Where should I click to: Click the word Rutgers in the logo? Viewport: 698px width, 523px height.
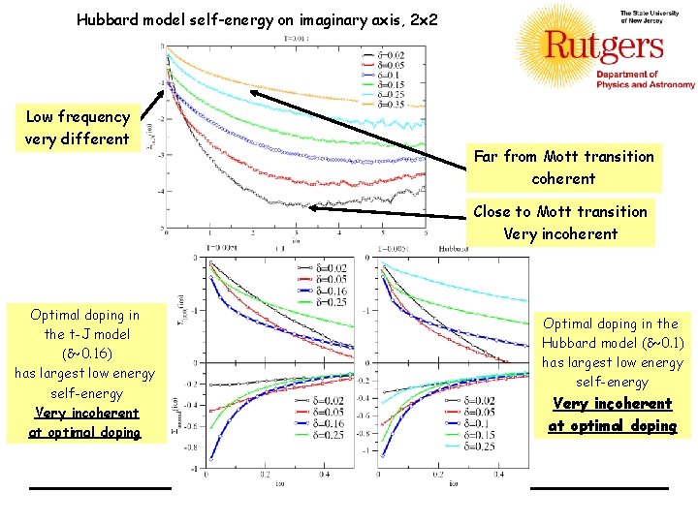pos(604,46)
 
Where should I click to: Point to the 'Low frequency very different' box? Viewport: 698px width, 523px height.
pos(78,127)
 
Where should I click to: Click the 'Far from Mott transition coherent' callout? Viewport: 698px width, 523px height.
pos(563,167)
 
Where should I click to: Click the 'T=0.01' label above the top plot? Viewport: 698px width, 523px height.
pos(297,40)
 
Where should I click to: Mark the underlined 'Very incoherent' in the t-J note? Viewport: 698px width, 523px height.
pos(84,413)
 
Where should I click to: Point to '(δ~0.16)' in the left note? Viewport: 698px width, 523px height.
pos(84,354)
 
